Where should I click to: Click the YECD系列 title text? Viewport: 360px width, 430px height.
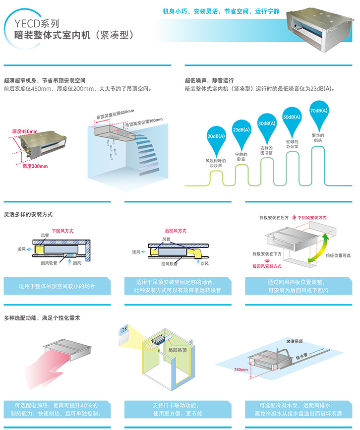(37, 22)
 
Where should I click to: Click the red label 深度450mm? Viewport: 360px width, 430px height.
(25, 131)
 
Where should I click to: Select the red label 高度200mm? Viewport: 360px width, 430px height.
(35, 166)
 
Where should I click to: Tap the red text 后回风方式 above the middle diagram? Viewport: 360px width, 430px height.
(176, 230)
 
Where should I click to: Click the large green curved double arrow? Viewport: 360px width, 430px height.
(319, 249)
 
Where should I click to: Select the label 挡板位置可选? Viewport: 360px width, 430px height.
(338, 255)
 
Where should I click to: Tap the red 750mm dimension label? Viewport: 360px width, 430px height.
(240, 369)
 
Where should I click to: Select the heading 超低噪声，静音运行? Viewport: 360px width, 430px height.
(209, 80)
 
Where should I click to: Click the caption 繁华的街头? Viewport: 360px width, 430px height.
(317, 138)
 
